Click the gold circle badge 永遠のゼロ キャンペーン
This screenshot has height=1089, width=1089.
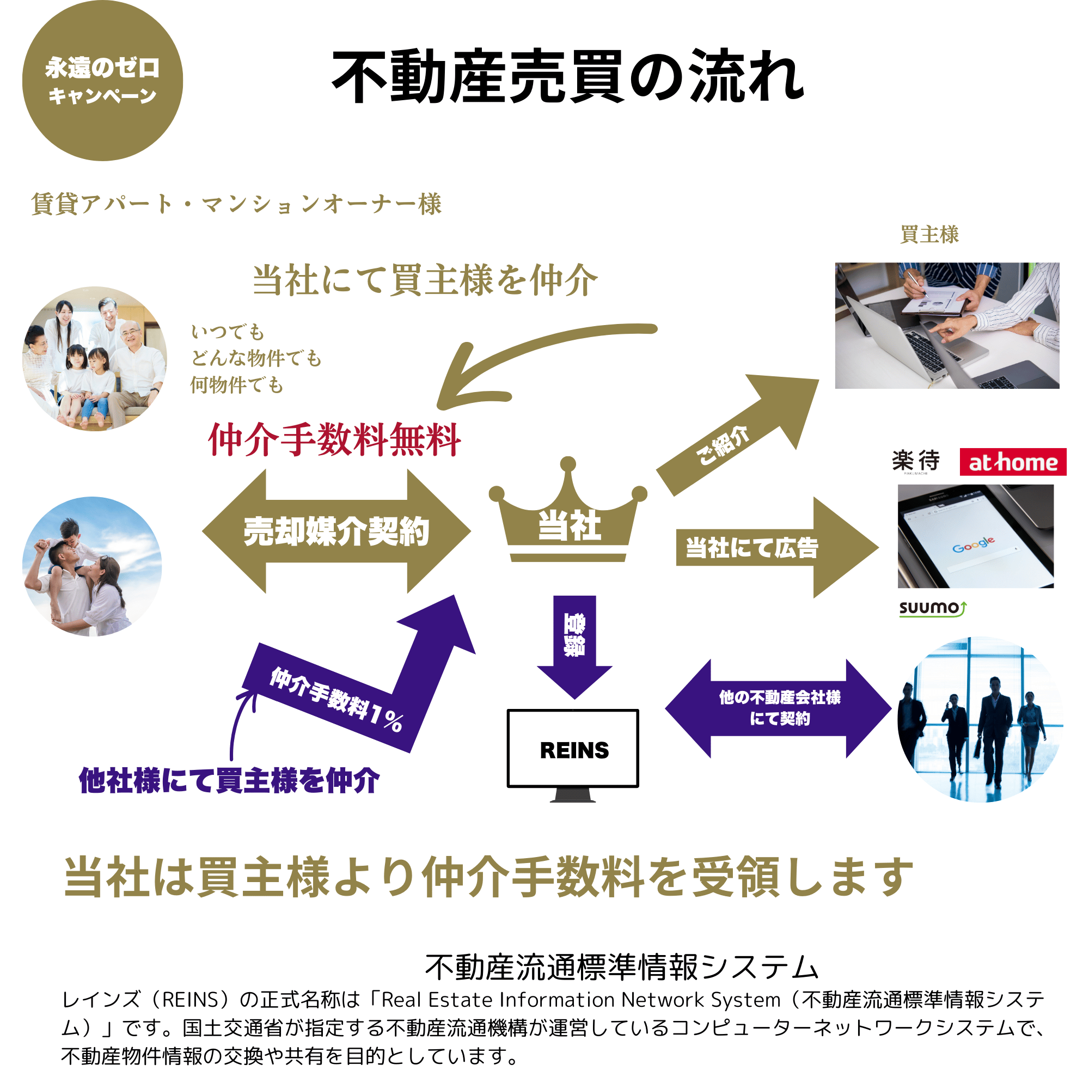(102, 81)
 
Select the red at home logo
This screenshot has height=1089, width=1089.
(1013, 462)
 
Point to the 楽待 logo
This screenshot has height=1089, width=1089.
(916, 461)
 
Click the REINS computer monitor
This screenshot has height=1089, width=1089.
(573, 749)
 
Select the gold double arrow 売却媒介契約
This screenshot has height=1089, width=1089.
(337, 531)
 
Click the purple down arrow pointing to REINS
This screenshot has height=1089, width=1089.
(574, 643)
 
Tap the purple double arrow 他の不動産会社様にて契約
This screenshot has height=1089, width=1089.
(779, 708)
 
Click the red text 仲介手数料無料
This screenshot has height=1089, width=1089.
(335, 440)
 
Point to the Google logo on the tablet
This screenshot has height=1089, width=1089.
(974, 544)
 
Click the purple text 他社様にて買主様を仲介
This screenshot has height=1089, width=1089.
(229, 781)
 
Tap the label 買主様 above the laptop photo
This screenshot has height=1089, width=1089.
(929, 235)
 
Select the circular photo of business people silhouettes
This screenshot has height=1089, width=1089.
(980, 720)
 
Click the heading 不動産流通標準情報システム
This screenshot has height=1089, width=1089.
(622, 966)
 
